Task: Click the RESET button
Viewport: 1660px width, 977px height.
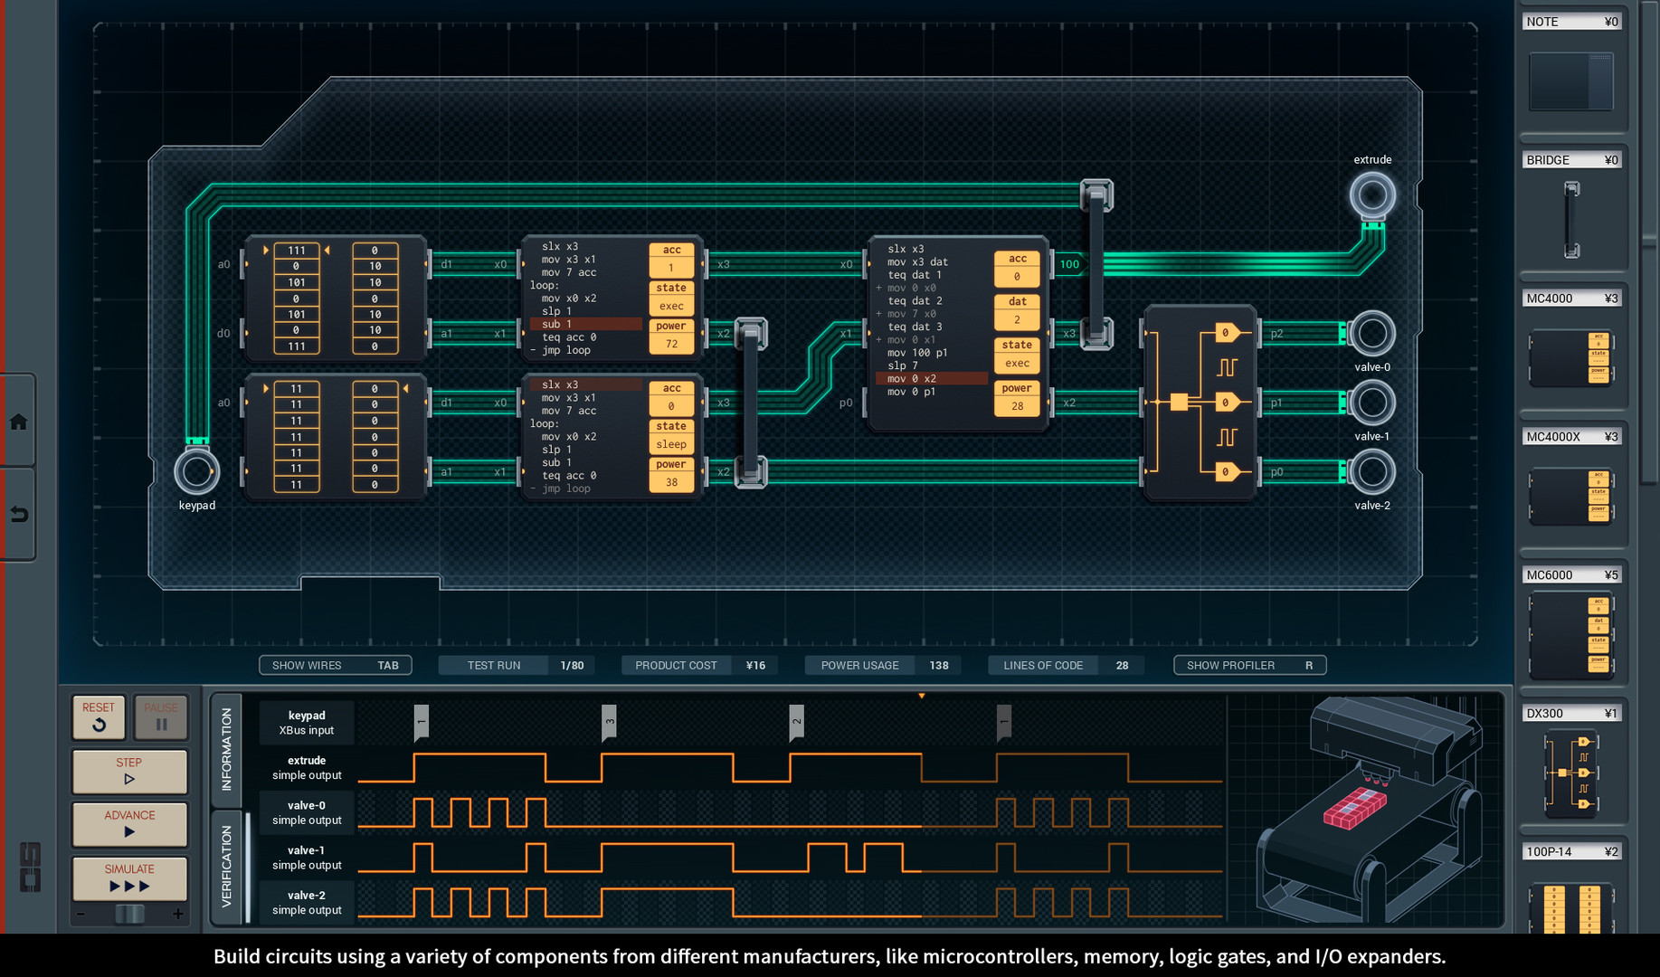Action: [99, 716]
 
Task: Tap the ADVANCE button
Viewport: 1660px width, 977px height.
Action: [129, 823]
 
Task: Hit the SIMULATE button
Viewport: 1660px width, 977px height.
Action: [129, 877]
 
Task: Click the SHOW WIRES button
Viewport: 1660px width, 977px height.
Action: [335, 665]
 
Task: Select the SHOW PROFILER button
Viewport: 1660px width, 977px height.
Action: [1249, 665]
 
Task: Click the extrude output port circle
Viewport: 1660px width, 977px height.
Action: [1371, 194]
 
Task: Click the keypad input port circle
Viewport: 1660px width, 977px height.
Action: [196, 470]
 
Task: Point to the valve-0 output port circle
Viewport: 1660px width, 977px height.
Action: [1371, 334]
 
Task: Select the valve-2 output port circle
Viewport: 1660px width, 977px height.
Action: [1371, 471]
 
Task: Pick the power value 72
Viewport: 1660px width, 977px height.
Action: [671, 344]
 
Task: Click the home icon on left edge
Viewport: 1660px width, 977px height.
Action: [19, 422]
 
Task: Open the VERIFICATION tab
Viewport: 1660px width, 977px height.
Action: [226, 866]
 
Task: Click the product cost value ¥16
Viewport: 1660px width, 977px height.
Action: [755, 665]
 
